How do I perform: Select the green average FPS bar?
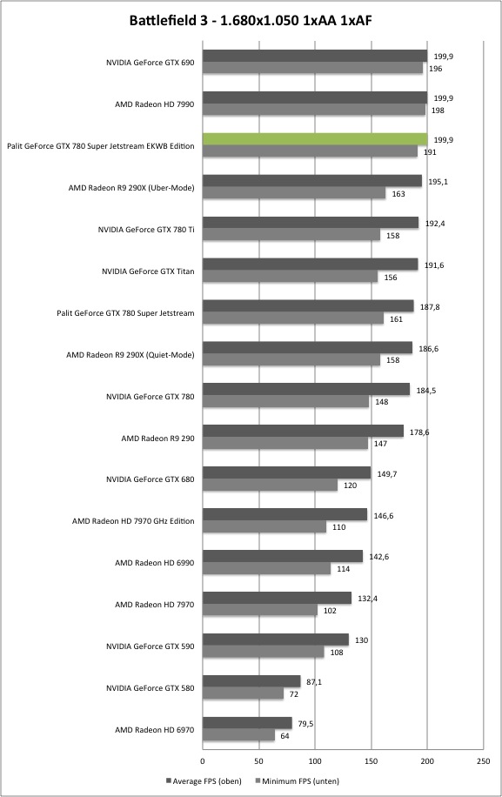(x=315, y=138)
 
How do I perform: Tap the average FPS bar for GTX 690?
(x=315, y=56)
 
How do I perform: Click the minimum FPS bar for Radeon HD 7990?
(x=314, y=110)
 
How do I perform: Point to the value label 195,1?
(x=438, y=182)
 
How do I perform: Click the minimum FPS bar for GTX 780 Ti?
(x=291, y=235)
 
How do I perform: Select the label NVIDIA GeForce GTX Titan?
(x=148, y=271)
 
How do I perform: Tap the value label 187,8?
(x=430, y=307)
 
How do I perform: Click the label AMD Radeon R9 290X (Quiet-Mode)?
(x=131, y=355)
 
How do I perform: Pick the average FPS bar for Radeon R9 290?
(x=304, y=431)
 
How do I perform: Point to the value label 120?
(x=350, y=486)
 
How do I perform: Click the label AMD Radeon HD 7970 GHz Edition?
(x=133, y=521)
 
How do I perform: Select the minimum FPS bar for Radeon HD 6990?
(x=267, y=569)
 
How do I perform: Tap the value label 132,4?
(x=367, y=599)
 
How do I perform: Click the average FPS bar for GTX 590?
(x=276, y=640)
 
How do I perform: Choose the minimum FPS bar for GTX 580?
(x=244, y=693)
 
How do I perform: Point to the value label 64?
(x=284, y=736)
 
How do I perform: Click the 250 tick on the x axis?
(x=484, y=761)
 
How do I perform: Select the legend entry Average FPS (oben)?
(x=204, y=780)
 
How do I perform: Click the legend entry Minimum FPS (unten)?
(x=297, y=780)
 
